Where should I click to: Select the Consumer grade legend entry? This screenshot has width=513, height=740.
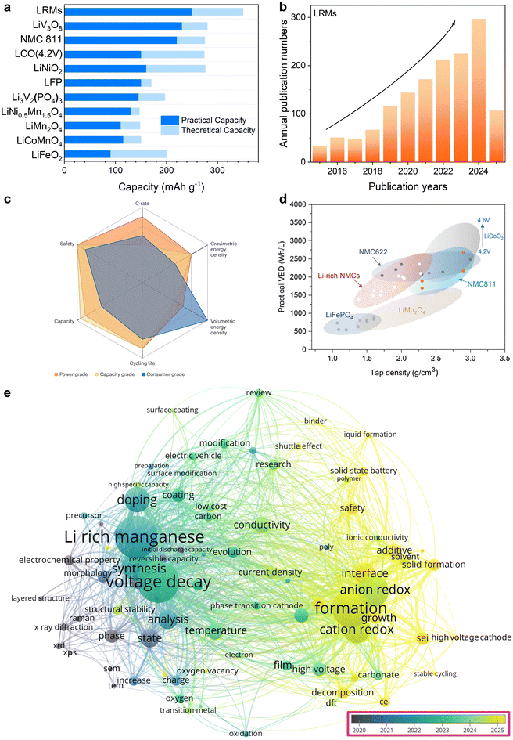coord(166,374)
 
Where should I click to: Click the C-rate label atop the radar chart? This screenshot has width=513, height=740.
coord(142,203)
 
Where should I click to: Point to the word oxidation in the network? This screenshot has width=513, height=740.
coord(246,734)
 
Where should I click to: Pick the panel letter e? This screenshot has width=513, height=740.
coord(7,390)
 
